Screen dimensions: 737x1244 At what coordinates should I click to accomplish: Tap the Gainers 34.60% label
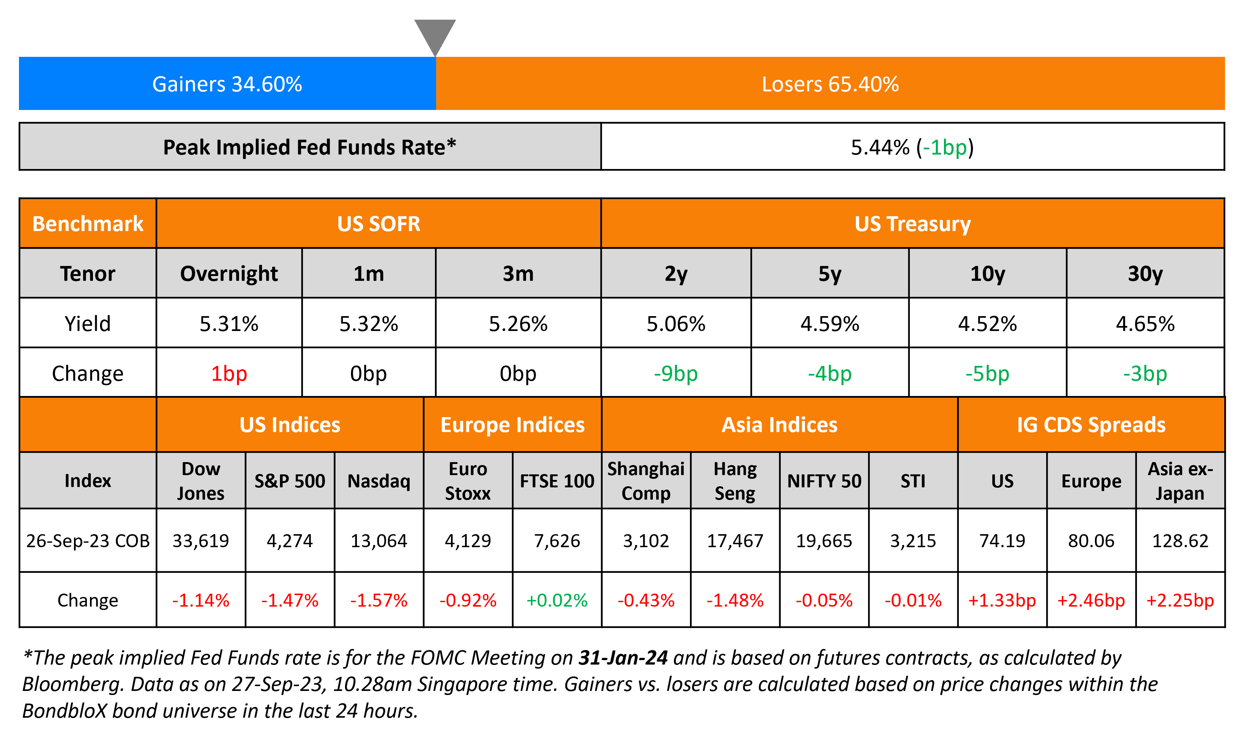tap(227, 84)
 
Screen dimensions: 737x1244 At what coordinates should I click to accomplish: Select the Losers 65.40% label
tap(830, 84)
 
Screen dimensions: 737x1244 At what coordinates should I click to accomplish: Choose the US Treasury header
tap(912, 224)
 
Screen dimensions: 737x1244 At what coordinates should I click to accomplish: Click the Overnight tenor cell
tap(229, 274)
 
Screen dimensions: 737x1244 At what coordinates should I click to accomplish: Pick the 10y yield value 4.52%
tap(987, 324)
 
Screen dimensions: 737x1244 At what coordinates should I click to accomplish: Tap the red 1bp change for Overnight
tap(229, 373)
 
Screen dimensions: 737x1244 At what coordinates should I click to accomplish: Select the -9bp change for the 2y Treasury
tap(676, 373)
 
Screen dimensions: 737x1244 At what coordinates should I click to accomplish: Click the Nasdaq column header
tap(379, 481)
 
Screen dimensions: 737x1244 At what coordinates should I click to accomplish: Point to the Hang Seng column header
tap(735, 481)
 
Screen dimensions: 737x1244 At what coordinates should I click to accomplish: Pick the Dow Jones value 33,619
tap(200, 540)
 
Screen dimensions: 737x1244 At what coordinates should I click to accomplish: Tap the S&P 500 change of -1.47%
tap(290, 600)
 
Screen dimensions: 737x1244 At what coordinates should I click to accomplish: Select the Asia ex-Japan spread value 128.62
tap(1180, 540)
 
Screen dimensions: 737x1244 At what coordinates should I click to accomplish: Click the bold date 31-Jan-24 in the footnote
tap(623, 658)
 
